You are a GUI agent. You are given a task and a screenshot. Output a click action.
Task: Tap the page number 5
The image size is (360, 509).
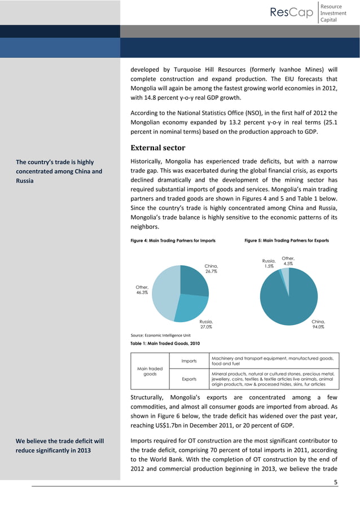coord(336,482)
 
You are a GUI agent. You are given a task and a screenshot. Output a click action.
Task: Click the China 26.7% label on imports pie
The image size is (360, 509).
coord(211,269)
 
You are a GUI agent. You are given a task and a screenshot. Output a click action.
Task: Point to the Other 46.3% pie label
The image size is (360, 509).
coord(142,290)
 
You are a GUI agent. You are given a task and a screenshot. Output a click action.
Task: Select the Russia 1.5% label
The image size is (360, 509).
coord(269,264)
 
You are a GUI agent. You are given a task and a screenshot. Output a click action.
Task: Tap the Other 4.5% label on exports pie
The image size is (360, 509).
coord(287,261)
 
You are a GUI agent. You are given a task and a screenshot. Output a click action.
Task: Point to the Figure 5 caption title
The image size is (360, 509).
coord(286,240)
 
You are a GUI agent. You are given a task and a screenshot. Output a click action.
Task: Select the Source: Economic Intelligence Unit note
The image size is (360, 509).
coord(160,335)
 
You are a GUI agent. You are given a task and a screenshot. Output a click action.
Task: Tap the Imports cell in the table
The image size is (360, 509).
coord(188,361)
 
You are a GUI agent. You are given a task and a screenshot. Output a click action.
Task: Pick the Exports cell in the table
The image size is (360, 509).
coord(188,380)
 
